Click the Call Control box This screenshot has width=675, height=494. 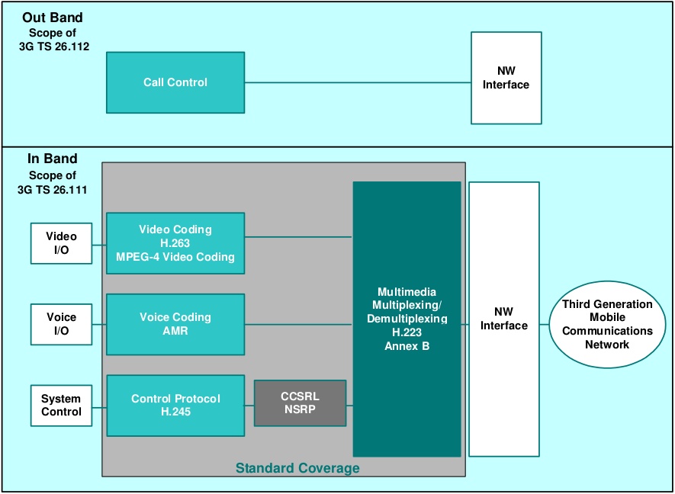pos(175,82)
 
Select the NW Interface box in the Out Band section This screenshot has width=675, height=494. pos(506,78)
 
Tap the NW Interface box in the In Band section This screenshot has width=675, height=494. pos(504,319)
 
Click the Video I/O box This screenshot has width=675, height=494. pos(62,243)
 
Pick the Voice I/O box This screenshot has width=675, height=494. pos(62,324)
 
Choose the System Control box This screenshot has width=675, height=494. pos(62,406)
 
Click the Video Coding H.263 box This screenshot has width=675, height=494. pos(175,243)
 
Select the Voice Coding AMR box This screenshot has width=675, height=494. pos(175,324)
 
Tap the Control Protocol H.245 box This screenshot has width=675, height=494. pos(175,406)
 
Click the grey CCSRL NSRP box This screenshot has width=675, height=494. pos(300,403)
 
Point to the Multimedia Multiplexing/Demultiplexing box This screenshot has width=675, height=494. pos(407,319)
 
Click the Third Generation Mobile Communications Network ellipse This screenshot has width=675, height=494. pos(607,324)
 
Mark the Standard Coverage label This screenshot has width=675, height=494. pos(297,467)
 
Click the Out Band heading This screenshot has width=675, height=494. pos(53,18)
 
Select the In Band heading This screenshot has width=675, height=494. pos(53,159)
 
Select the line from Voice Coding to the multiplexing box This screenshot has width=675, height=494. pos(298,324)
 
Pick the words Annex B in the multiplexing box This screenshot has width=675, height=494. pos(407,345)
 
